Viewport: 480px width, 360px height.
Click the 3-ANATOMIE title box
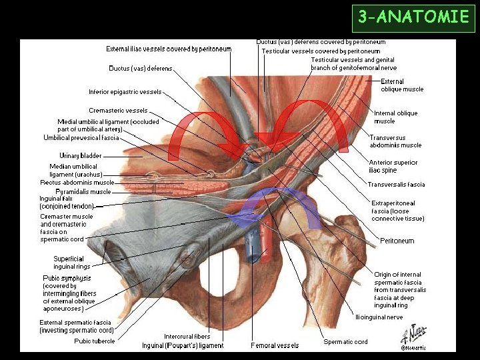(x=413, y=17)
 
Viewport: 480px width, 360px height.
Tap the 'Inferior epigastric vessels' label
(x=125, y=92)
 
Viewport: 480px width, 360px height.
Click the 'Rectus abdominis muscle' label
(x=77, y=182)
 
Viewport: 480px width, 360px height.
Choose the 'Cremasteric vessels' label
(x=118, y=110)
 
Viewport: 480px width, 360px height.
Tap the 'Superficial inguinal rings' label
(x=69, y=263)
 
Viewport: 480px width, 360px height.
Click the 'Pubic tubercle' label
(x=95, y=341)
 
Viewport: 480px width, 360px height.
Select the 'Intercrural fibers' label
(x=187, y=336)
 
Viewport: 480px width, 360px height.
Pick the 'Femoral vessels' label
(x=275, y=345)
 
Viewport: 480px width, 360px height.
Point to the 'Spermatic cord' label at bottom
(x=345, y=342)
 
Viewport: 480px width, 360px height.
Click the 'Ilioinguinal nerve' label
(x=379, y=317)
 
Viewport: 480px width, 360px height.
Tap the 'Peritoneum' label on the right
(x=397, y=241)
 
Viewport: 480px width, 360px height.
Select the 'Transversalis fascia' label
(x=396, y=185)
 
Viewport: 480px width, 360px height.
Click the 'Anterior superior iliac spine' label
(x=393, y=166)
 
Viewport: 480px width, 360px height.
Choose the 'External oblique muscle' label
(x=402, y=85)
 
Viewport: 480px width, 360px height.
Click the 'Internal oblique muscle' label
(x=395, y=117)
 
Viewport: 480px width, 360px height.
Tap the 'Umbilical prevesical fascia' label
(x=81, y=138)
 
